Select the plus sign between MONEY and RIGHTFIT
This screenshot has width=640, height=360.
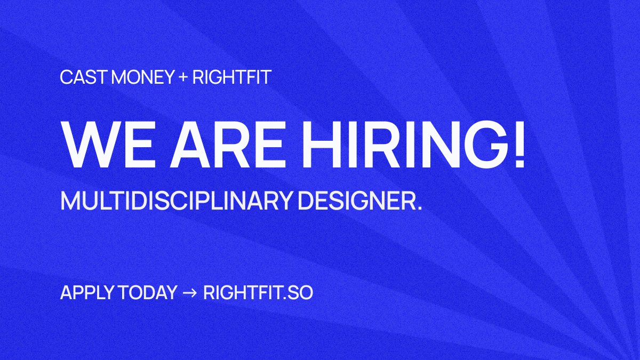[183, 78]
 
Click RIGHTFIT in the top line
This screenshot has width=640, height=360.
[232, 77]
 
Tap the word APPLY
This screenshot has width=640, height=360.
[82, 293]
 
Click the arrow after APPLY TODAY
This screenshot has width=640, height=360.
[190, 293]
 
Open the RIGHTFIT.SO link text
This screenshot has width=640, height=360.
[258, 293]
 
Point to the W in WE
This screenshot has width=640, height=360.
[87, 145]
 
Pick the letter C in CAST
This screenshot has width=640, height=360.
[66, 77]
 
